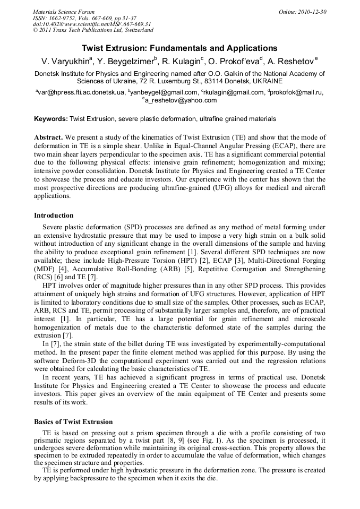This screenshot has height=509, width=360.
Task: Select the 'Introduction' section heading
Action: [54, 215]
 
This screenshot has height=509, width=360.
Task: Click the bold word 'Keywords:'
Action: [51, 119]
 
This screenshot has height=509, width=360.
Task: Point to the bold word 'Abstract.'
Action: [49, 137]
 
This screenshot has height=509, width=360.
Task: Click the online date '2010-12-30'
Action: [312, 12]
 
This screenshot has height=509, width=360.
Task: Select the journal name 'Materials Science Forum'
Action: [64, 12]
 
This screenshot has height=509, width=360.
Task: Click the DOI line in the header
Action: [92, 24]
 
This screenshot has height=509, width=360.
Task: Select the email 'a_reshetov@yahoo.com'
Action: [181, 100]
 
